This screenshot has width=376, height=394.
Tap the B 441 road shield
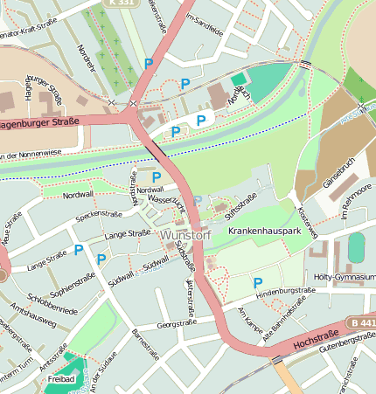[x=360, y=323]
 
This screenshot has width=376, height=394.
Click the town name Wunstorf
[x=185, y=235]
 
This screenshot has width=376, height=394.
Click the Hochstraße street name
[x=317, y=337]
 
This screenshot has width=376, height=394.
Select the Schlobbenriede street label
[x=52, y=303]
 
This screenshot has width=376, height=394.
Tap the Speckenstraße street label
[x=99, y=213]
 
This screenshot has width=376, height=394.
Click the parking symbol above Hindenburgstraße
[x=257, y=282]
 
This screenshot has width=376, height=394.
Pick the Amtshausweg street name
[x=35, y=321]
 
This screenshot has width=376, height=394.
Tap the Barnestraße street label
[x=144, y=344]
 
